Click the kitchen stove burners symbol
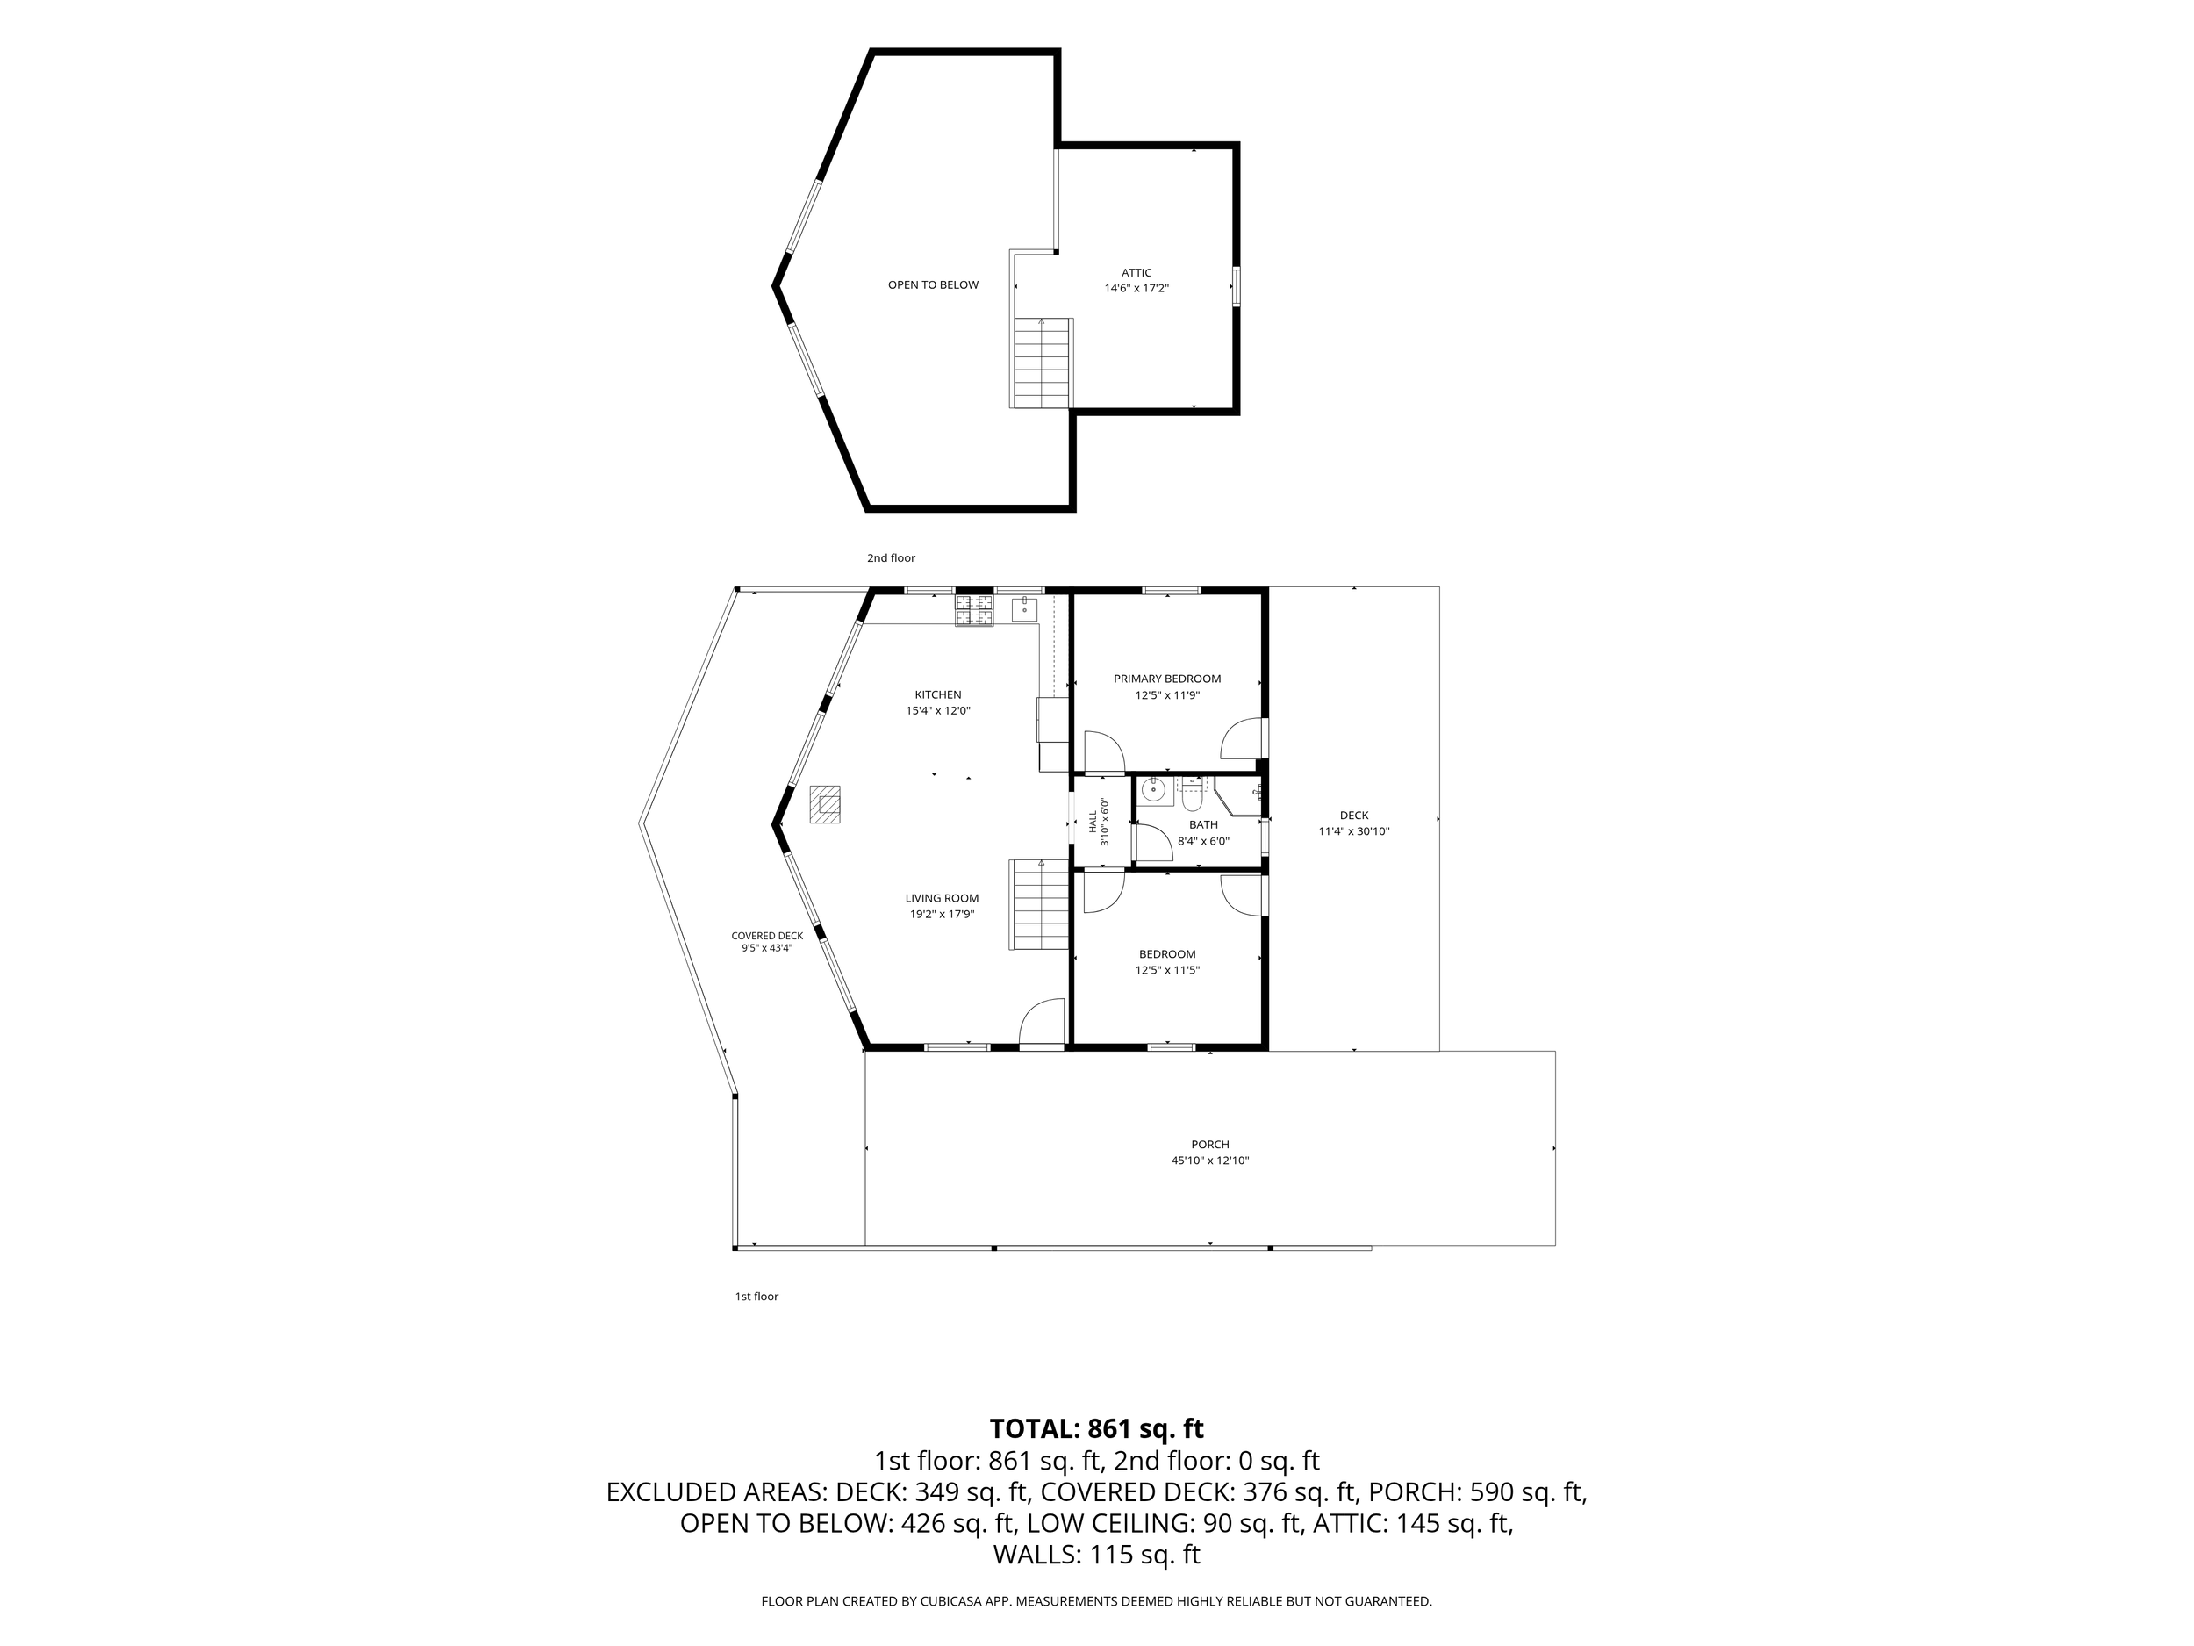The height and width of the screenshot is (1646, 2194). (x=974, y=610)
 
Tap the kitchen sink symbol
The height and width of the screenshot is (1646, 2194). (x=1024, y=608)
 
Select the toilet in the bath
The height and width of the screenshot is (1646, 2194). (x=1191, y=794)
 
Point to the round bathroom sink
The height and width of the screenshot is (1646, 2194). (x=1153, y=791)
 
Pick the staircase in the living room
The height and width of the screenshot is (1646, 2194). (x=1039, y=904)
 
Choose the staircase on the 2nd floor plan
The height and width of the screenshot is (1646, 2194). (x=1043, y=363)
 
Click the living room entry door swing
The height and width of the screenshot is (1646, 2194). (x=1042, y=1022)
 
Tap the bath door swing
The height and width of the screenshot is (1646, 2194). (x=1153, y=841)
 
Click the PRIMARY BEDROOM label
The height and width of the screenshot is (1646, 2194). (x=1167, y=679)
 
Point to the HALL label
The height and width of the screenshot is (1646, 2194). (x=1093, y=822)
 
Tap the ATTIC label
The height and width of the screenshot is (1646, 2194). (x=1136, y=273)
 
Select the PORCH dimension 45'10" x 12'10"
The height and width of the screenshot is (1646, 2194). (x=1210, y=1160)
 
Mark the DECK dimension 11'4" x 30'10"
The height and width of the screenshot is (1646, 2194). (x=1354, y=831)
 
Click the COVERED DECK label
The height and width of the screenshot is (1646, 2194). (x=768, y=936)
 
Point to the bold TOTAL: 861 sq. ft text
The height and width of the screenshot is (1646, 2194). (x=1097, y=1428)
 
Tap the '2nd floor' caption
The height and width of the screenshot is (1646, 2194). (x=891, y=557)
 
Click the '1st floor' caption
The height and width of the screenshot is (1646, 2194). (x=756, y=1296)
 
